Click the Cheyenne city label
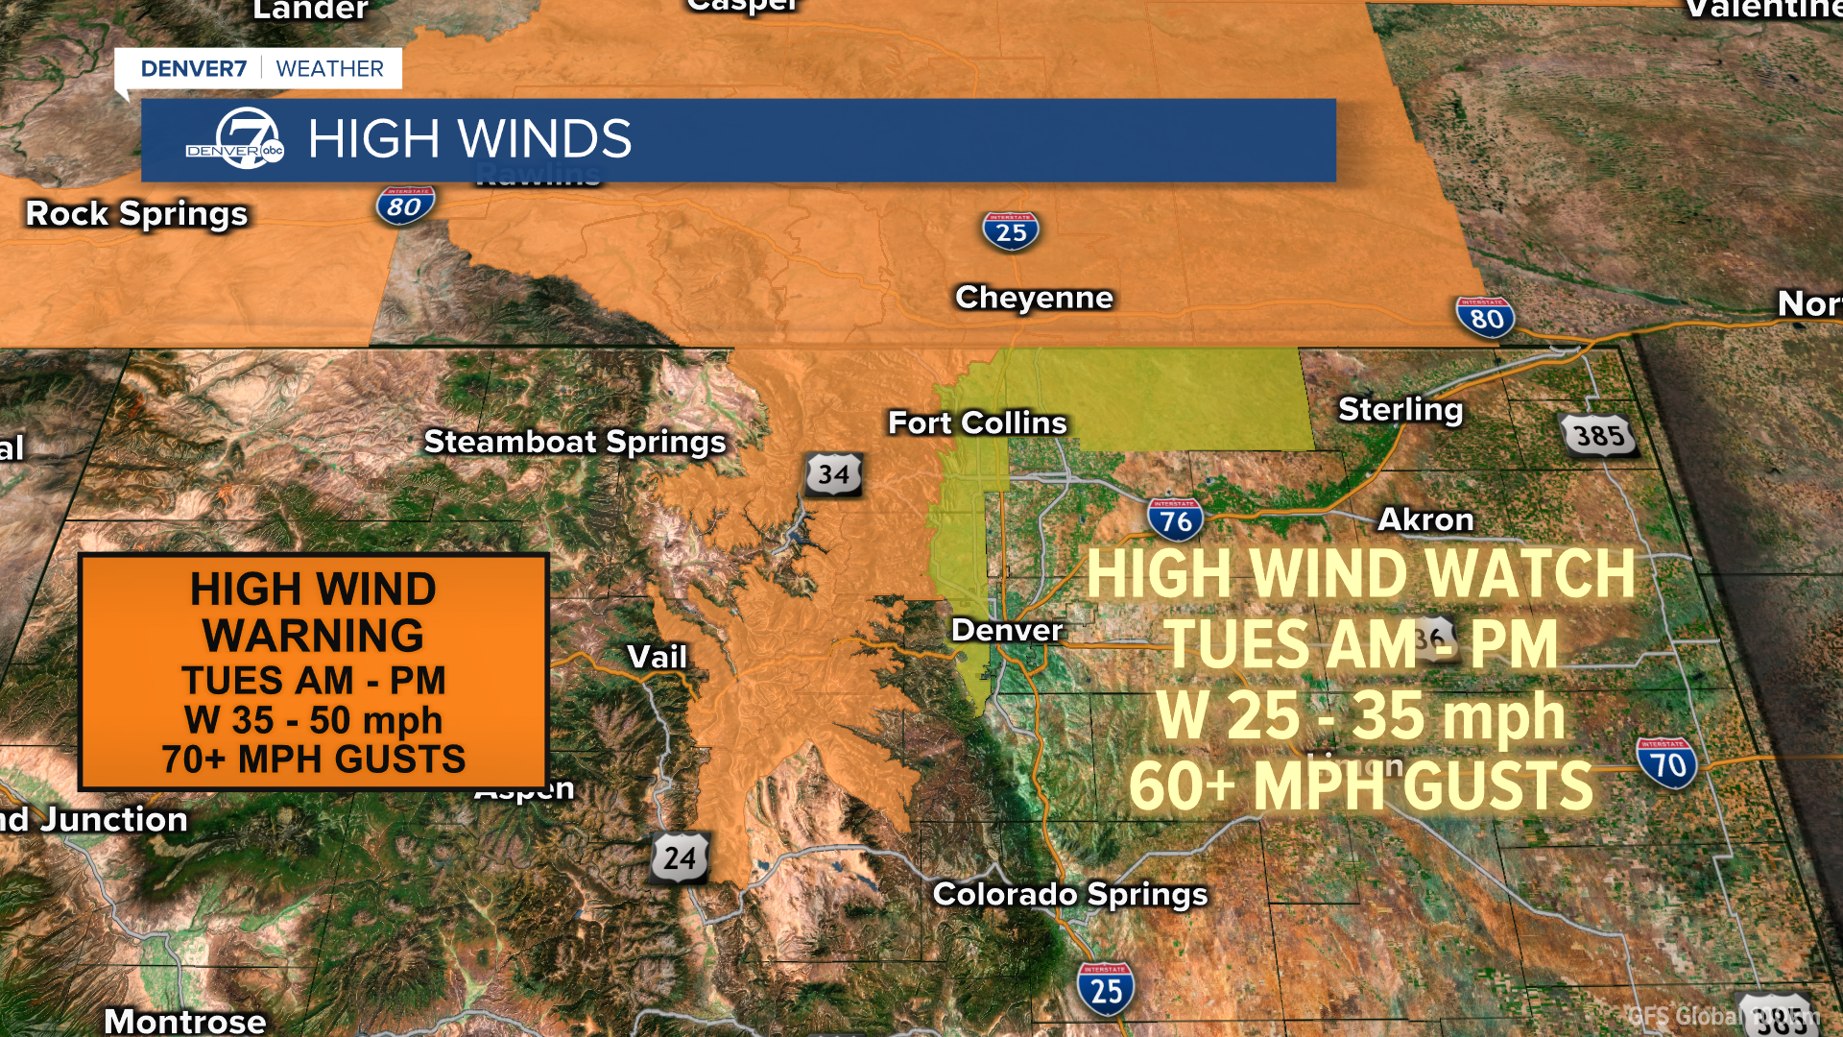tap(1034, 298)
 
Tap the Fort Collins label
tap(977, 422)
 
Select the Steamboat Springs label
tap(575, 442)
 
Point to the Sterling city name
tap(1400, 410)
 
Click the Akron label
tap(1425, 519)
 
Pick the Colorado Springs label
tap(1070, 894)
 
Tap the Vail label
tap(657, 657)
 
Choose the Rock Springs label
tap(136, 213)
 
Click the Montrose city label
tap(184, 1020)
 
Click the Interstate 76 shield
tap(1175, 519)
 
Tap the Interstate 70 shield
tap(1667, 763)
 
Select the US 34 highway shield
tap(833, 474)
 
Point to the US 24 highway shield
tap(680, 857)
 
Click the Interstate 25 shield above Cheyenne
tap(1011, 231)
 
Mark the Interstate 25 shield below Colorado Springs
tap(1106, 989)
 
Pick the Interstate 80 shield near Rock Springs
tap(404, 205)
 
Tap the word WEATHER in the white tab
tap(329, 69)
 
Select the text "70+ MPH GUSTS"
tap(313, 760)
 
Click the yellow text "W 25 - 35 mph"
tap(1360, 716)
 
